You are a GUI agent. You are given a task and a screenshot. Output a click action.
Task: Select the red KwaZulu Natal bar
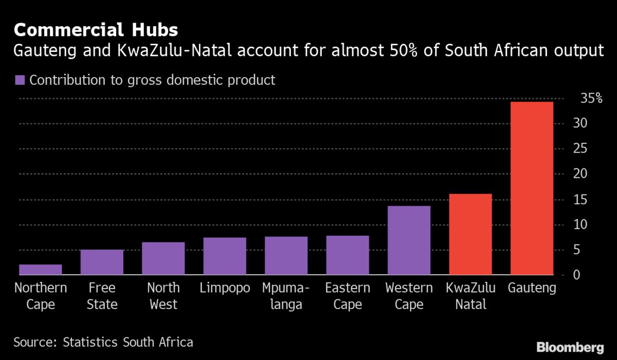tap(470, 234)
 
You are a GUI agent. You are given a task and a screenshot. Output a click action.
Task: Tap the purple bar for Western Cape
tap(409, 240)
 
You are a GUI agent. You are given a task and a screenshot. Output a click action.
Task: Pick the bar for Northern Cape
tap(40, 269)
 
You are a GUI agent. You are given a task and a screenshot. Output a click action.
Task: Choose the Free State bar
tap(102, 262)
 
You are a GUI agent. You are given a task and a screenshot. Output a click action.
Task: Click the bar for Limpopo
tap(225, 256)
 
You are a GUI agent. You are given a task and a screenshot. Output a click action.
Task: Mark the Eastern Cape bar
tap(348, 255)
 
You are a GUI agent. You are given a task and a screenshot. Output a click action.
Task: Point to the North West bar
tap(163, 258)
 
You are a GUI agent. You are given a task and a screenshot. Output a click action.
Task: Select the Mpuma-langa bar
tap(286, 256)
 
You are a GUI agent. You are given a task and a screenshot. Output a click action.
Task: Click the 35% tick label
tap(591, 98)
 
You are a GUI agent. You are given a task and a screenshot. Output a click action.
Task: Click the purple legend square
tap(20, 80)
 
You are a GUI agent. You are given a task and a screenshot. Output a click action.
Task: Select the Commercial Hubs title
tap(96, 30)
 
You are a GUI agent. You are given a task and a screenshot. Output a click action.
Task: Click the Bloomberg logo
tap(570, 347)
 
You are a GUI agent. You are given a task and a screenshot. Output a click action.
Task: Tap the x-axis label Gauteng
tap(532, 288)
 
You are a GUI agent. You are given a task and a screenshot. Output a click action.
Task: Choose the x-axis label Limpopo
tap(225, 288)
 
